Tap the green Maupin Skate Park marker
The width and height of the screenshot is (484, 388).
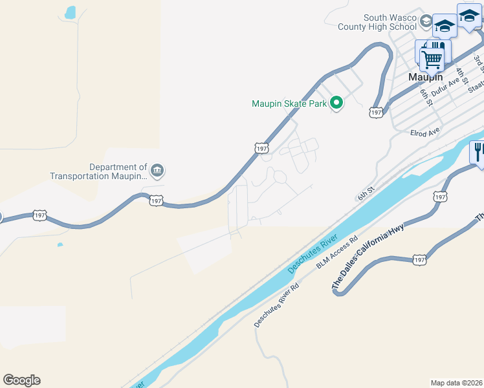[x=336, y=103]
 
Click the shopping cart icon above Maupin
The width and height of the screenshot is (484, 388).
[x=432, y=59]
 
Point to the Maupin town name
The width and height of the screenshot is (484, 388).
[x=424, y=76]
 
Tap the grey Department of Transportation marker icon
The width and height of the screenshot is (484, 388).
[x=157, y=171]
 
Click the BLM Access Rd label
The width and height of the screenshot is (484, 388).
[x=337, y=253]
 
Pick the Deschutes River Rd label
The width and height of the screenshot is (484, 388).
[x=276, y=305]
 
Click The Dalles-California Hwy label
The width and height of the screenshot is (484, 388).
[x=368, y=256]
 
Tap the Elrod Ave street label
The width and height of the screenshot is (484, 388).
[x=424, y=133]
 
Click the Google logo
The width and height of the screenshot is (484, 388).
[x=21, y=380]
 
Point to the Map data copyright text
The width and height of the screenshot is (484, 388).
[x=456, y=383]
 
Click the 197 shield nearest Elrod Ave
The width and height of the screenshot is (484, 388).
[x=376, y=113]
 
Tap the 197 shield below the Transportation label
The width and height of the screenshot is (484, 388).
[x=156, y=200]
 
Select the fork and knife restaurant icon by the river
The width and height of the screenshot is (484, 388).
[x=478, y=153]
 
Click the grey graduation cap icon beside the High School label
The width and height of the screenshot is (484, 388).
[x=426, y=21]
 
